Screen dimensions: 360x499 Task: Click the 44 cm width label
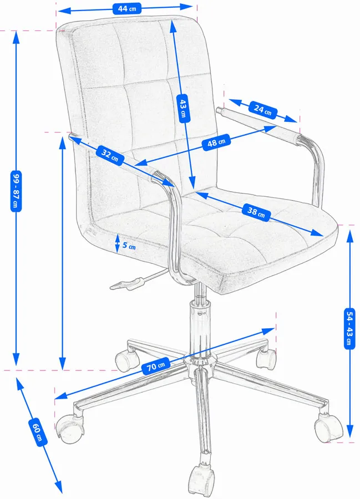(x=127, y=8)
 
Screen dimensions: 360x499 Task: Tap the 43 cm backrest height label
(x=183, y=108)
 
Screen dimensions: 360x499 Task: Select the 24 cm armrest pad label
(x=263, y=110)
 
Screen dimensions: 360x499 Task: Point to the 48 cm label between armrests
(x=216, y=142)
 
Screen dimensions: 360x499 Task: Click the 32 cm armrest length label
(x=110, y=155)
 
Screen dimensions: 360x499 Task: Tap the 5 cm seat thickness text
(x=129, y=246)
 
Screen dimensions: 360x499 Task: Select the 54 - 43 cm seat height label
(x=349, y=329)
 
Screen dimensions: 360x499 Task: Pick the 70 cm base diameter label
(x=156, y=366)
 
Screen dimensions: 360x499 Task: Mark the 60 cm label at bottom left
(x=38, y=432)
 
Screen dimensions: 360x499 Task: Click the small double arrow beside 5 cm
(x=117, y=243)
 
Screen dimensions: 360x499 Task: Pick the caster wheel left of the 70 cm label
(x=126, y=360)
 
